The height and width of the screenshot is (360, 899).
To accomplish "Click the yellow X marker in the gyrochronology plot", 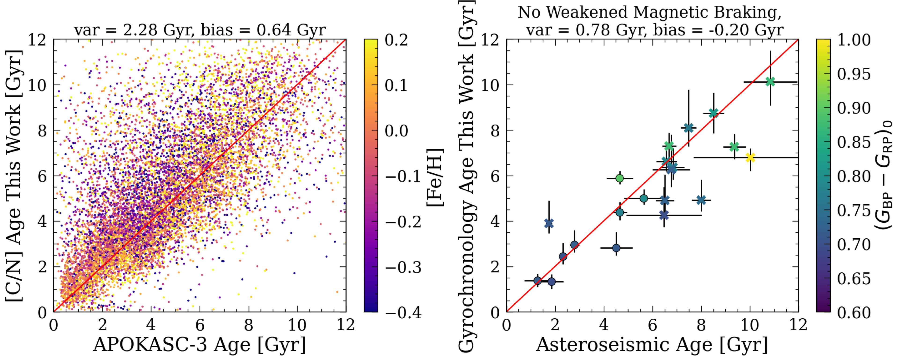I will point(750,158).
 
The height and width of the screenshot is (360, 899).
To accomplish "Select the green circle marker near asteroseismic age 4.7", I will point(619,178).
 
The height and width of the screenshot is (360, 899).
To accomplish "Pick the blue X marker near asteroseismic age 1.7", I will point(549,223).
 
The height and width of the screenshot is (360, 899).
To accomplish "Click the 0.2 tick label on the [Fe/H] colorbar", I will point(396,40).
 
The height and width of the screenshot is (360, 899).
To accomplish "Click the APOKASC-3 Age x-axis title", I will point(200,345).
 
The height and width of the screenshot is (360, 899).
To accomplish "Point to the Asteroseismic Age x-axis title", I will point(652,345).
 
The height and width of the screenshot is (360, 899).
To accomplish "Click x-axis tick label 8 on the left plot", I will point(248,325).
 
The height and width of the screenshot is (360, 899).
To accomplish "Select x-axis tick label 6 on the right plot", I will point(652,325).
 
